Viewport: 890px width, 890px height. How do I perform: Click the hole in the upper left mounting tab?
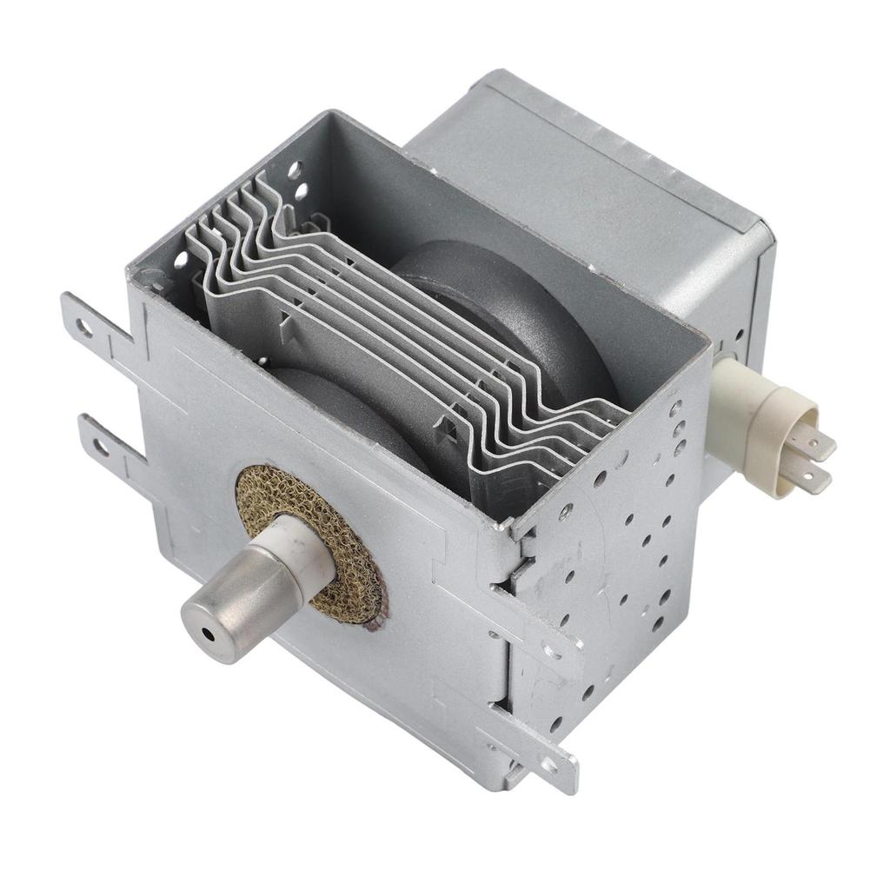pos(84,327)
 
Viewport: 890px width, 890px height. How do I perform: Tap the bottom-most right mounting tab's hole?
pos(548,764)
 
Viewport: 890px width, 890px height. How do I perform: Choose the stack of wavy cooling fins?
pos(408,330)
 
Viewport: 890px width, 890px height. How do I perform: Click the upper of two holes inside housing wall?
pos(296,169)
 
